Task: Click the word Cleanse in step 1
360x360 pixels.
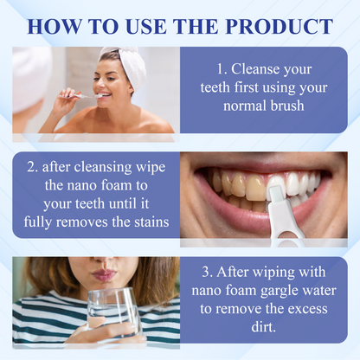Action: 251,69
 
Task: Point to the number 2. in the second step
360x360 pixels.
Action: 33,167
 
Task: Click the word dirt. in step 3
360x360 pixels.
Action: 264,327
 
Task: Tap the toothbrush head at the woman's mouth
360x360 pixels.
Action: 98,95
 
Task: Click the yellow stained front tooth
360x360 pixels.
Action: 255,188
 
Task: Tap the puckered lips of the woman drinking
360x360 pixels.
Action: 103,274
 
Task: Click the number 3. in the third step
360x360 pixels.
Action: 207,272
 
